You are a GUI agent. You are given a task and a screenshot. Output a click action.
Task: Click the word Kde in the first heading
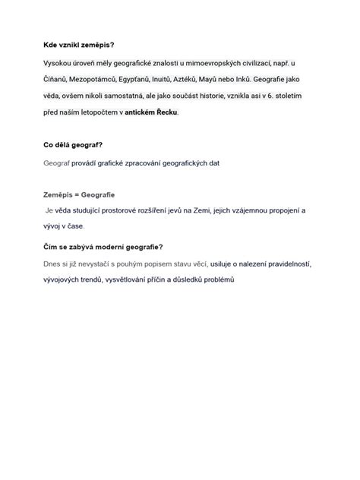pos(49,45)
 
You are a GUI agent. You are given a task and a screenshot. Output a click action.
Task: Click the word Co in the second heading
pos(48,144)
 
